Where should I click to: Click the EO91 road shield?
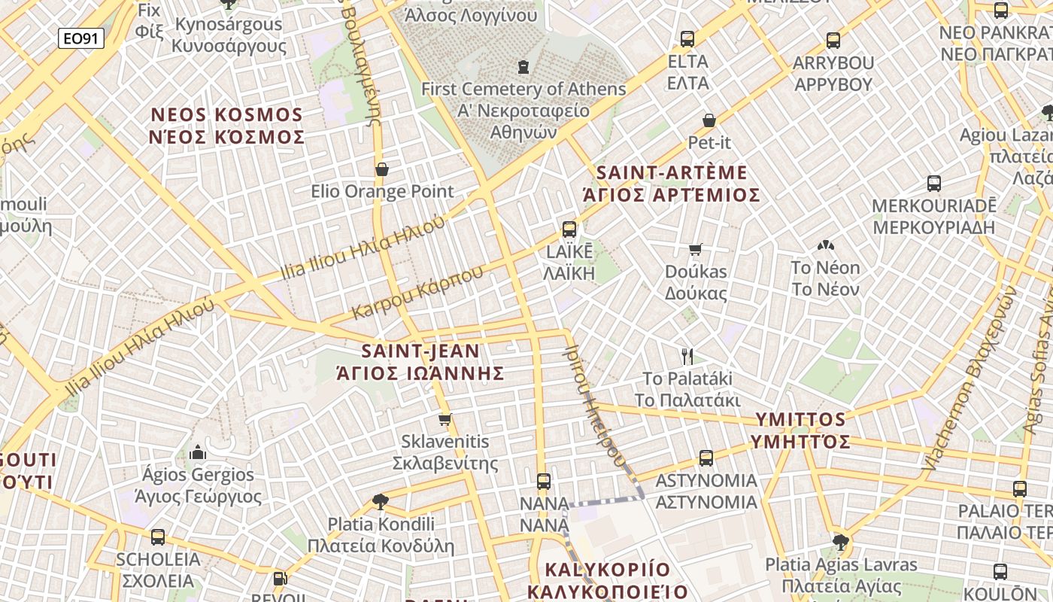tap(80, 38)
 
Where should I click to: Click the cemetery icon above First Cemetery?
tap(523, 67)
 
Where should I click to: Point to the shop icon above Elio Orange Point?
tap(382, 169)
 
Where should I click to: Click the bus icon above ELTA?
tap(687, 39)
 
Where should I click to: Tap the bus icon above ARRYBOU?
tap(833, 41)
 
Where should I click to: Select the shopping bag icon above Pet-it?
tap(709, 120)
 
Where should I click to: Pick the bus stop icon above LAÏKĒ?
tap(569, 230)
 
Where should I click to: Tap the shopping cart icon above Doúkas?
tap(696, 249)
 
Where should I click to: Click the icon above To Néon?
tap(825, 245)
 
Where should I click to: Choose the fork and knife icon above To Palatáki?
tap(687, 356)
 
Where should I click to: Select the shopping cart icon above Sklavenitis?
tap(445, 419)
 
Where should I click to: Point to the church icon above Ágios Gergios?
tap(198, 452)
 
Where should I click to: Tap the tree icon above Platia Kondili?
tap(381, 501)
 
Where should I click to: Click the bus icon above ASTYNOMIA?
tap(706, 458)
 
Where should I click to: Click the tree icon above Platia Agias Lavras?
tap(841, 542)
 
